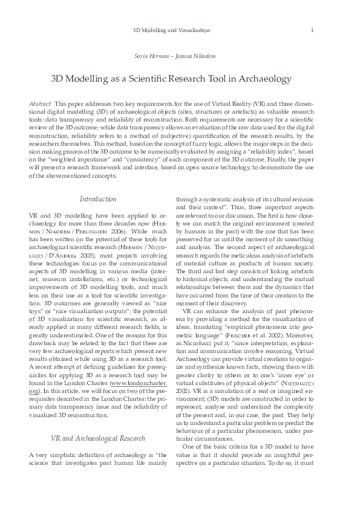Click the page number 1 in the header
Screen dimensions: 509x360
click(311, 30)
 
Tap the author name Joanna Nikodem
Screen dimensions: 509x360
click(197, 56)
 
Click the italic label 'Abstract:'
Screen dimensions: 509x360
click(40, 105)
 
